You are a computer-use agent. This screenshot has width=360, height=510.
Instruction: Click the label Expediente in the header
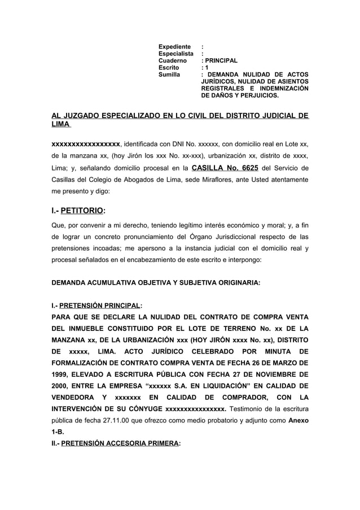pos(175,45)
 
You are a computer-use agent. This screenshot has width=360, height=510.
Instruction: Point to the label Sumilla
pos(170,74)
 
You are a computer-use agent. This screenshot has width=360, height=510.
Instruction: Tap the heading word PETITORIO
pos(84,211)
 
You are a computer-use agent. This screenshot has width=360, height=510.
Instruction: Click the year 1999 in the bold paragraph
pos(62,375)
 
